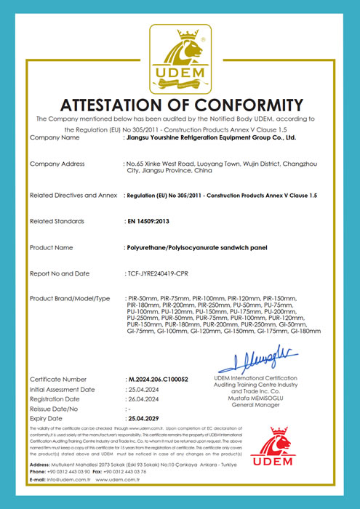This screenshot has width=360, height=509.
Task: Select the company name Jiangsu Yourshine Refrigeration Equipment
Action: [x=211, y=137]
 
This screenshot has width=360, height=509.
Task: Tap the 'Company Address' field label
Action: [x=57, y=164]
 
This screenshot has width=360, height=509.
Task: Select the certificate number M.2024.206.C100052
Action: [x=158, y=380]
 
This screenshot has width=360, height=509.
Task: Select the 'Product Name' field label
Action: [x=52, y=247]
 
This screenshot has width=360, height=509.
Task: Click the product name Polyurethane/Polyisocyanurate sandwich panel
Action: [x=193, y=247]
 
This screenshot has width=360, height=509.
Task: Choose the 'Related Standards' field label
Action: [x=57, y=221]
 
